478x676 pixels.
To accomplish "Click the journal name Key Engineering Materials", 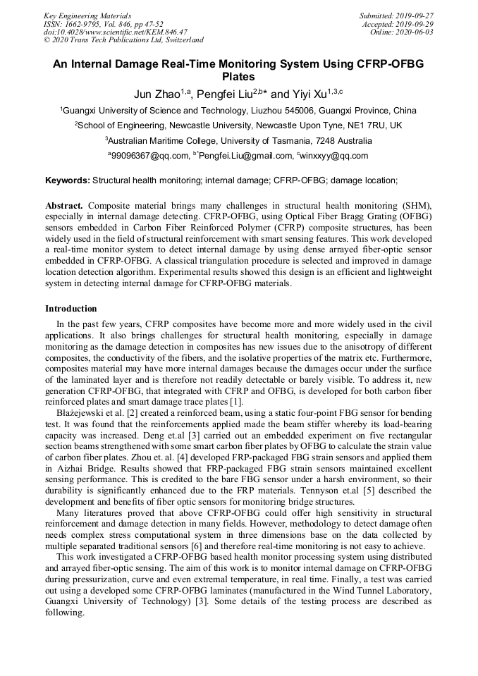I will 87,15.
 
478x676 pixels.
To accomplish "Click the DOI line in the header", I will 116,32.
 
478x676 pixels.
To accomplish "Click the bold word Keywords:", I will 68,180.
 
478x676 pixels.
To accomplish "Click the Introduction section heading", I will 71,308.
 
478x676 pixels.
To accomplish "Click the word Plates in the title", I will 238,77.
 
